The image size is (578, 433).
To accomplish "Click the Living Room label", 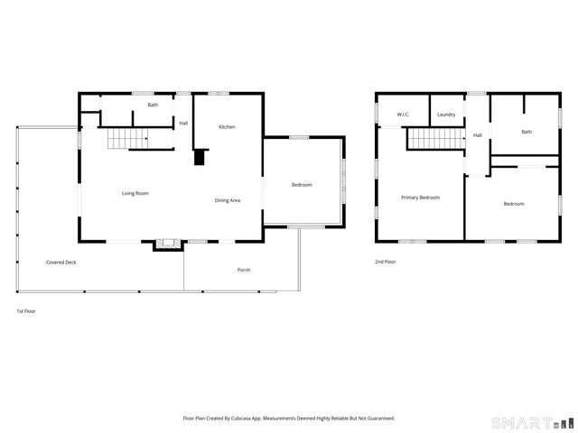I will point(135,193).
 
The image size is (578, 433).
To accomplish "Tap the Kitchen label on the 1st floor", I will point(227,126).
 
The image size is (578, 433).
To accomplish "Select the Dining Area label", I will point(227,200).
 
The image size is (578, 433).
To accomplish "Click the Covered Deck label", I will point(61,263).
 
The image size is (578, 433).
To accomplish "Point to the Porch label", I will point(244,271).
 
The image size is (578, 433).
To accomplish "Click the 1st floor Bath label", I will point(154,105).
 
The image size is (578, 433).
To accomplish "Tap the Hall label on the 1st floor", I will point(183,123).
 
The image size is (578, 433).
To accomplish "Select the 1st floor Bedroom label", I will point(302,185).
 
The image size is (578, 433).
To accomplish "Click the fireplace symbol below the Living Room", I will point(166,243).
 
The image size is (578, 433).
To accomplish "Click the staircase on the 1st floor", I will point(127,139).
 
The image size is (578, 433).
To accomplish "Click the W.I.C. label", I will point(405,115).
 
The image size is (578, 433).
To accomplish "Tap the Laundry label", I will point(446,115).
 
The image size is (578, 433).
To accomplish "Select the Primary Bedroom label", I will point(421,198).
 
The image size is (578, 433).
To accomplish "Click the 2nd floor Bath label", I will point(527,132).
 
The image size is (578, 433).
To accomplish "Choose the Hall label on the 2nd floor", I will point(477,135).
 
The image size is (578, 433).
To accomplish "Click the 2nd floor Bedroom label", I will point(514,204).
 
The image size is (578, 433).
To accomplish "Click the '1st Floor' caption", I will point(26,311).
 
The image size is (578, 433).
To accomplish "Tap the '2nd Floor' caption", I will point(386,262).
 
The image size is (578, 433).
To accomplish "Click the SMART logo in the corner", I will point(531,422).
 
